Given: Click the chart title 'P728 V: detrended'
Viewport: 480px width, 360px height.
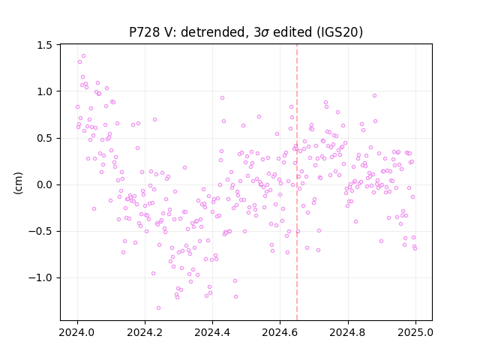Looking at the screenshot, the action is click(188, 32).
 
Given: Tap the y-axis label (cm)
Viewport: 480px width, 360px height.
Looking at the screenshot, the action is click(18, 183).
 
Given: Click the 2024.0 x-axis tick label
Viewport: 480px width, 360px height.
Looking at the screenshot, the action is click(77, 332).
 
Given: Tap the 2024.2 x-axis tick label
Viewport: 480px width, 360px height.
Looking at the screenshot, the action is click(145, 332).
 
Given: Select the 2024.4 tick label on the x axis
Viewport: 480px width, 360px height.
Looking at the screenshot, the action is click(212, 332).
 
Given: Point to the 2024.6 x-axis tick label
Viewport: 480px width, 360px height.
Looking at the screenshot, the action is click(280, 332).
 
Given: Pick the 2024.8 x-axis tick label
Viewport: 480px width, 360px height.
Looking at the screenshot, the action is click(347, 332).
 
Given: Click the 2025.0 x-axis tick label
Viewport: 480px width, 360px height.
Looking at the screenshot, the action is click(415, 332).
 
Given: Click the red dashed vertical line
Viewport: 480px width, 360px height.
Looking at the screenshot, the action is click(297, 182).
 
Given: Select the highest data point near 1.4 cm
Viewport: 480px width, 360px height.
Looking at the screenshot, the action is click(83, 56).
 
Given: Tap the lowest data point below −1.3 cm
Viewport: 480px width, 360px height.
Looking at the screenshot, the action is click(158, 308).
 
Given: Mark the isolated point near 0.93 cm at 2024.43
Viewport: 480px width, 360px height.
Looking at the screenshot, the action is click(222, 98).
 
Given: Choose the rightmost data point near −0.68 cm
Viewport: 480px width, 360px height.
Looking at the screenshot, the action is click(415, 248).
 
